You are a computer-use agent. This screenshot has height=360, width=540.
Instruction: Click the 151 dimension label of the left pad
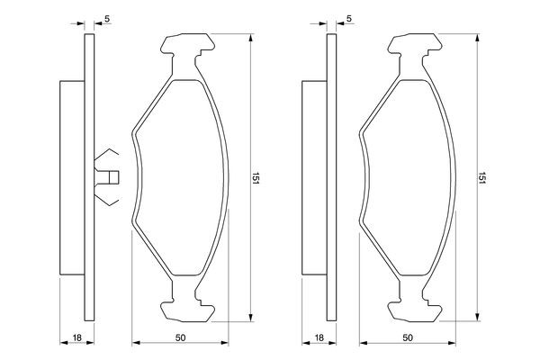255,178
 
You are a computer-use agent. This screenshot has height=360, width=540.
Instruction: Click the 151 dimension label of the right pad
481,178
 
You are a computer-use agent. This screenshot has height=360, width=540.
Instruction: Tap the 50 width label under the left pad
180,337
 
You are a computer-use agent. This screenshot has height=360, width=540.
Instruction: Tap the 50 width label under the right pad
407,337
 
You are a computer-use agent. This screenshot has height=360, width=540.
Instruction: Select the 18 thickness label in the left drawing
77,337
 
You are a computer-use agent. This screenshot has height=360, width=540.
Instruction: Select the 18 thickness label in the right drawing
319,337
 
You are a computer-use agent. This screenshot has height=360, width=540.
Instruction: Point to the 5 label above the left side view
107,19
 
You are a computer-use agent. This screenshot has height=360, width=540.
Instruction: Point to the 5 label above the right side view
349,19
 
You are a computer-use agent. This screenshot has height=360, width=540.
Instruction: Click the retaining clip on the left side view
106,177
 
